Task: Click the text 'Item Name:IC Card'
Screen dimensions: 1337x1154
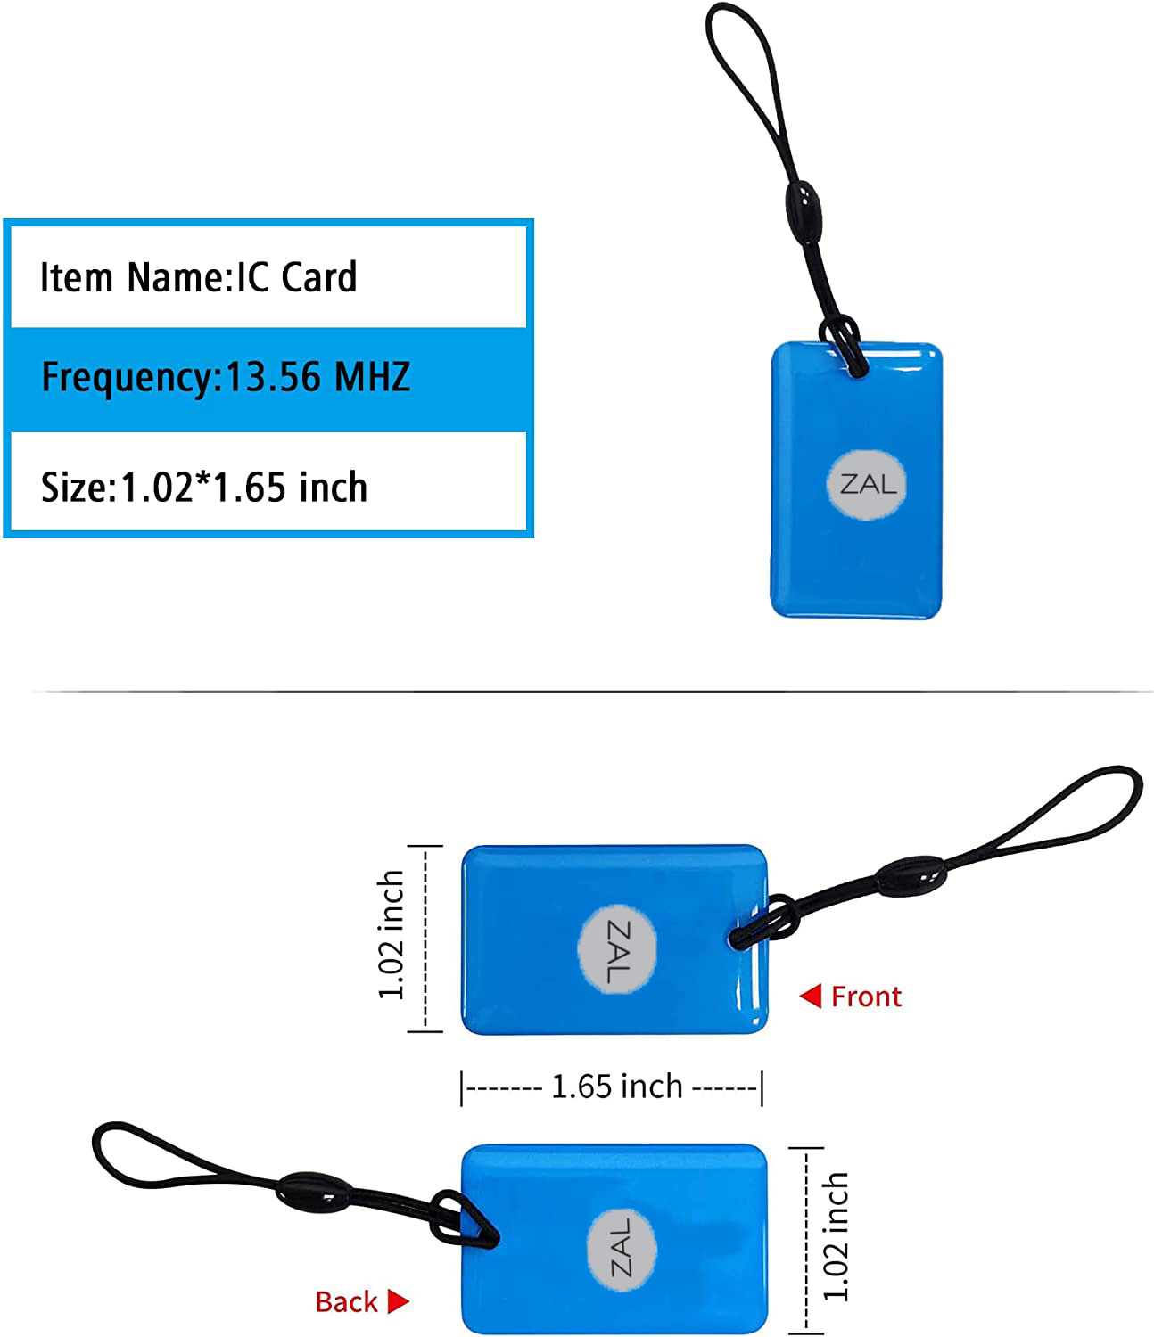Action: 198,277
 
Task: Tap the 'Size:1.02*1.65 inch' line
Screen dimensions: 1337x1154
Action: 204,488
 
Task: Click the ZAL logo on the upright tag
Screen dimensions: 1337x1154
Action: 868,485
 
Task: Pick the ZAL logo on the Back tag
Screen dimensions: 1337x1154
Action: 622,1247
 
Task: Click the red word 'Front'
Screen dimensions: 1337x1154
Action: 866,997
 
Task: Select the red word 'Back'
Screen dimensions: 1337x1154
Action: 346,1302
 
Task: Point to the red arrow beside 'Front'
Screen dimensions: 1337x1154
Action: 811,996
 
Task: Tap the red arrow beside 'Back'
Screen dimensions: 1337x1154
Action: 398,1302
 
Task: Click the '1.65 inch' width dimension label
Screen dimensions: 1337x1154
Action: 616,1087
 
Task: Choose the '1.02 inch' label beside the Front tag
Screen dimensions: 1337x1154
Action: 392,936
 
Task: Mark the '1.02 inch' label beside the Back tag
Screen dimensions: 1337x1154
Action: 835,1237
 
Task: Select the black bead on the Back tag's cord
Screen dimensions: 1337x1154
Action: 310,1192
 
